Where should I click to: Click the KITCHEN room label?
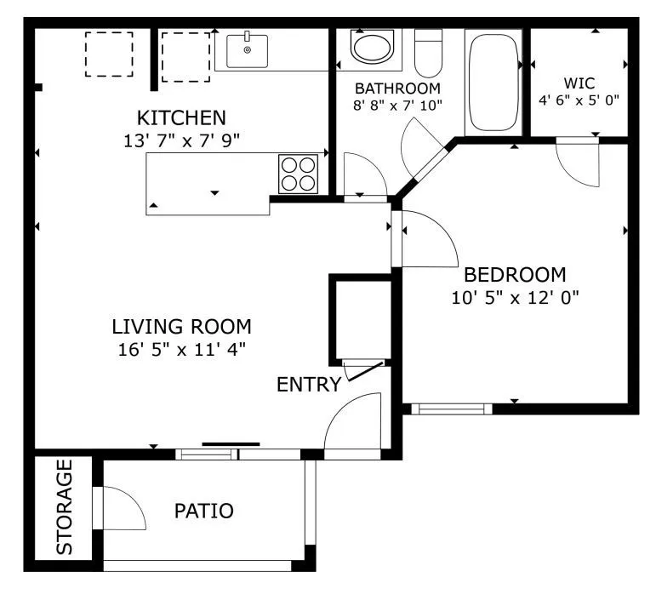tap(181, 117)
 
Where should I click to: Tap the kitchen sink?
tap(247, 50)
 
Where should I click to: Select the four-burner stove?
tap(298, 174)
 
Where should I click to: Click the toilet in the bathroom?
tap(429, 53)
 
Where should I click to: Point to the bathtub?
tap(493, 82)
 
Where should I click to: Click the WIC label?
tap(579, 83)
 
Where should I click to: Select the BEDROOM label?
tap(514, 275)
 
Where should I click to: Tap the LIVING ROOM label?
tap(181, 326)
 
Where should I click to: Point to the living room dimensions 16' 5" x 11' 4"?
tap(181, 348)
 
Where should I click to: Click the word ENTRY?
tap(308, 385)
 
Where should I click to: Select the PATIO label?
tap(203, 511)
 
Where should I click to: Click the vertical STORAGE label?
tap(66, 507)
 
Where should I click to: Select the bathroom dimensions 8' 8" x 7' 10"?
tap(397, 106)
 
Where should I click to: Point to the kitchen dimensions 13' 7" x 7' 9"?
tap(181, 140)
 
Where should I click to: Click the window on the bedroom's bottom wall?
tap(452, 409)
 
